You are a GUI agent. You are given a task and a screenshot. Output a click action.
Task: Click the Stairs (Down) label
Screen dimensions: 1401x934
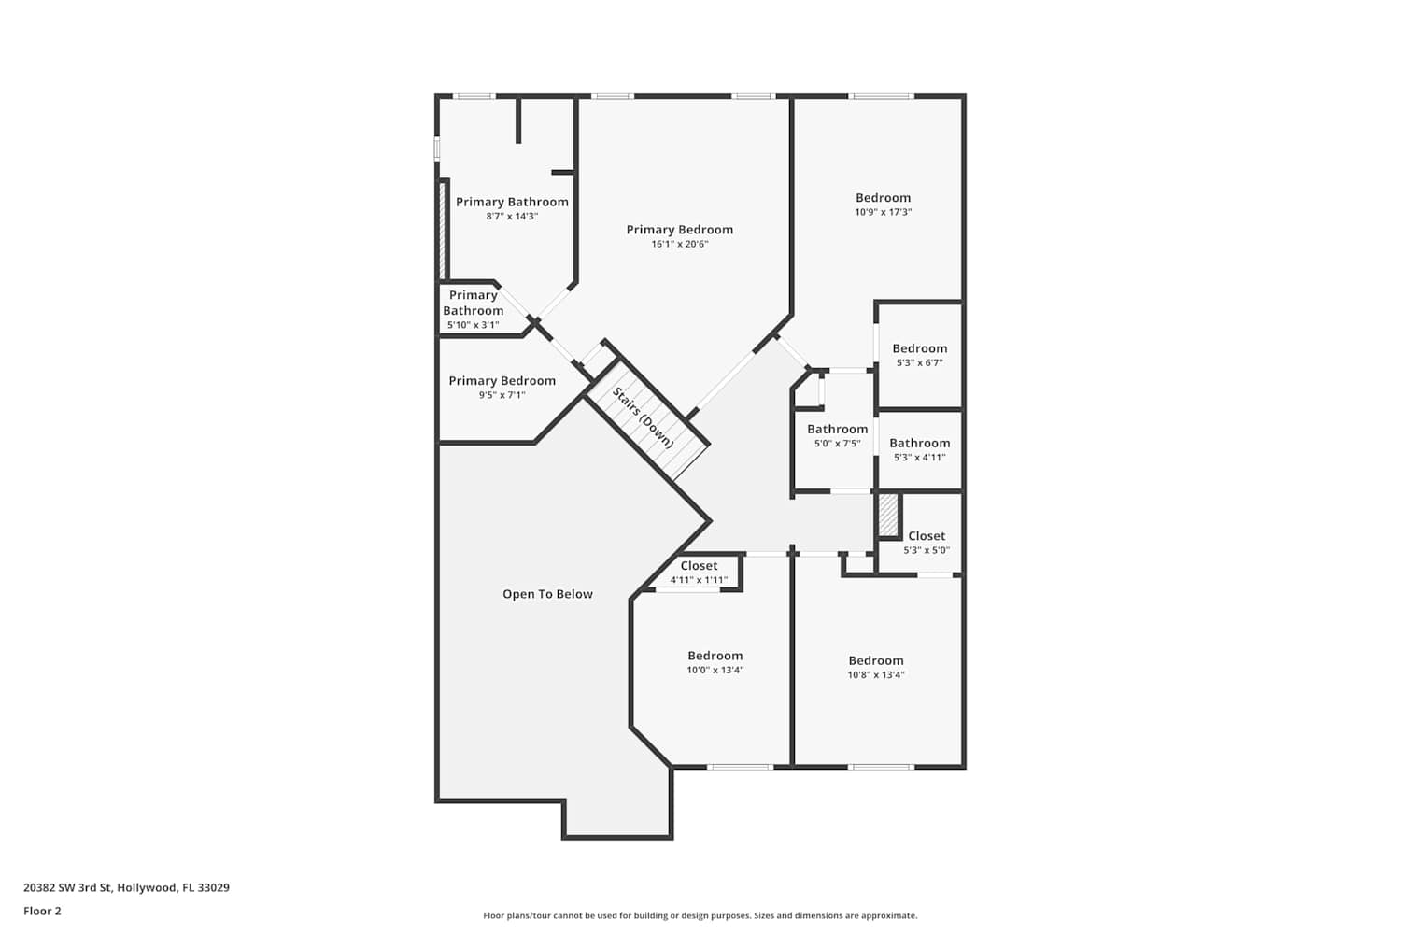[643, 417]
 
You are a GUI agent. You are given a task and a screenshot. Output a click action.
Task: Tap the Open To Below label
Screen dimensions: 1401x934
[547, 594]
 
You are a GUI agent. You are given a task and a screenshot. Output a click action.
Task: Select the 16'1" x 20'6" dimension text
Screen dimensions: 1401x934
[680, 244]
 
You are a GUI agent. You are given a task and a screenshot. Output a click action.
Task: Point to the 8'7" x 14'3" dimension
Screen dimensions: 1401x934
[512, 217]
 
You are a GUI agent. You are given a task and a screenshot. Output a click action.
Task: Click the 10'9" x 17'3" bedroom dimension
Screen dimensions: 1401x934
[884, 212]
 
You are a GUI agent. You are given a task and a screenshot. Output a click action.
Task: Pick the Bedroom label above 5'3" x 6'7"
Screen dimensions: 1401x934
[919, 348]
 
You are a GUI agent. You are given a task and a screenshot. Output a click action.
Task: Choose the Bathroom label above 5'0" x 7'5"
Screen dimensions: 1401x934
[838, 429]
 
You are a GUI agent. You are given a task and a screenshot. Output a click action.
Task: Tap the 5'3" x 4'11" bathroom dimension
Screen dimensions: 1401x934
[919, 458]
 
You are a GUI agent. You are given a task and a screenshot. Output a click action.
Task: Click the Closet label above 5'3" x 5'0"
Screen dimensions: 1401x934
[927, 536]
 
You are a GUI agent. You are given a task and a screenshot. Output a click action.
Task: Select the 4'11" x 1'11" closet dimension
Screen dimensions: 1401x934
[700, 580]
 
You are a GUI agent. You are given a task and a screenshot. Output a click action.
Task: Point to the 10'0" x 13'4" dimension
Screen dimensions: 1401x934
[715, 670]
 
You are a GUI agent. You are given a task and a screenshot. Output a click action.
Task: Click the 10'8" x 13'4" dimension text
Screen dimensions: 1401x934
[876, 675]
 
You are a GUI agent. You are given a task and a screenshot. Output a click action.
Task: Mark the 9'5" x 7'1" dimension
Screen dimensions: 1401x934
[502, 395]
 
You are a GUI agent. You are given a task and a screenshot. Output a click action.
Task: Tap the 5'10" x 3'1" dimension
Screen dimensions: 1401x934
[473, 325]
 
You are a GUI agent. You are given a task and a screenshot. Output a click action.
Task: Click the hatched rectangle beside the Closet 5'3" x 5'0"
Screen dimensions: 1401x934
[888, 515]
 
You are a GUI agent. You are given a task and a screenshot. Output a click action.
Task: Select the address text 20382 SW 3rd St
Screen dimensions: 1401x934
[67, 887]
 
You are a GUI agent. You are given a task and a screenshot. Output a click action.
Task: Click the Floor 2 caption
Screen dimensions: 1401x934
[43, 911]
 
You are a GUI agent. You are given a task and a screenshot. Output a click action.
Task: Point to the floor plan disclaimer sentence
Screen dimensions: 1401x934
[700, 915]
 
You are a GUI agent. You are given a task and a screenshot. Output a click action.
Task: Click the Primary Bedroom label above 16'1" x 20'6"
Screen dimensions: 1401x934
[680, 230]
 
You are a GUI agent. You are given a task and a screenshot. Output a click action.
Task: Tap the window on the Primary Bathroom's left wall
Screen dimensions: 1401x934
[437, 149]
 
